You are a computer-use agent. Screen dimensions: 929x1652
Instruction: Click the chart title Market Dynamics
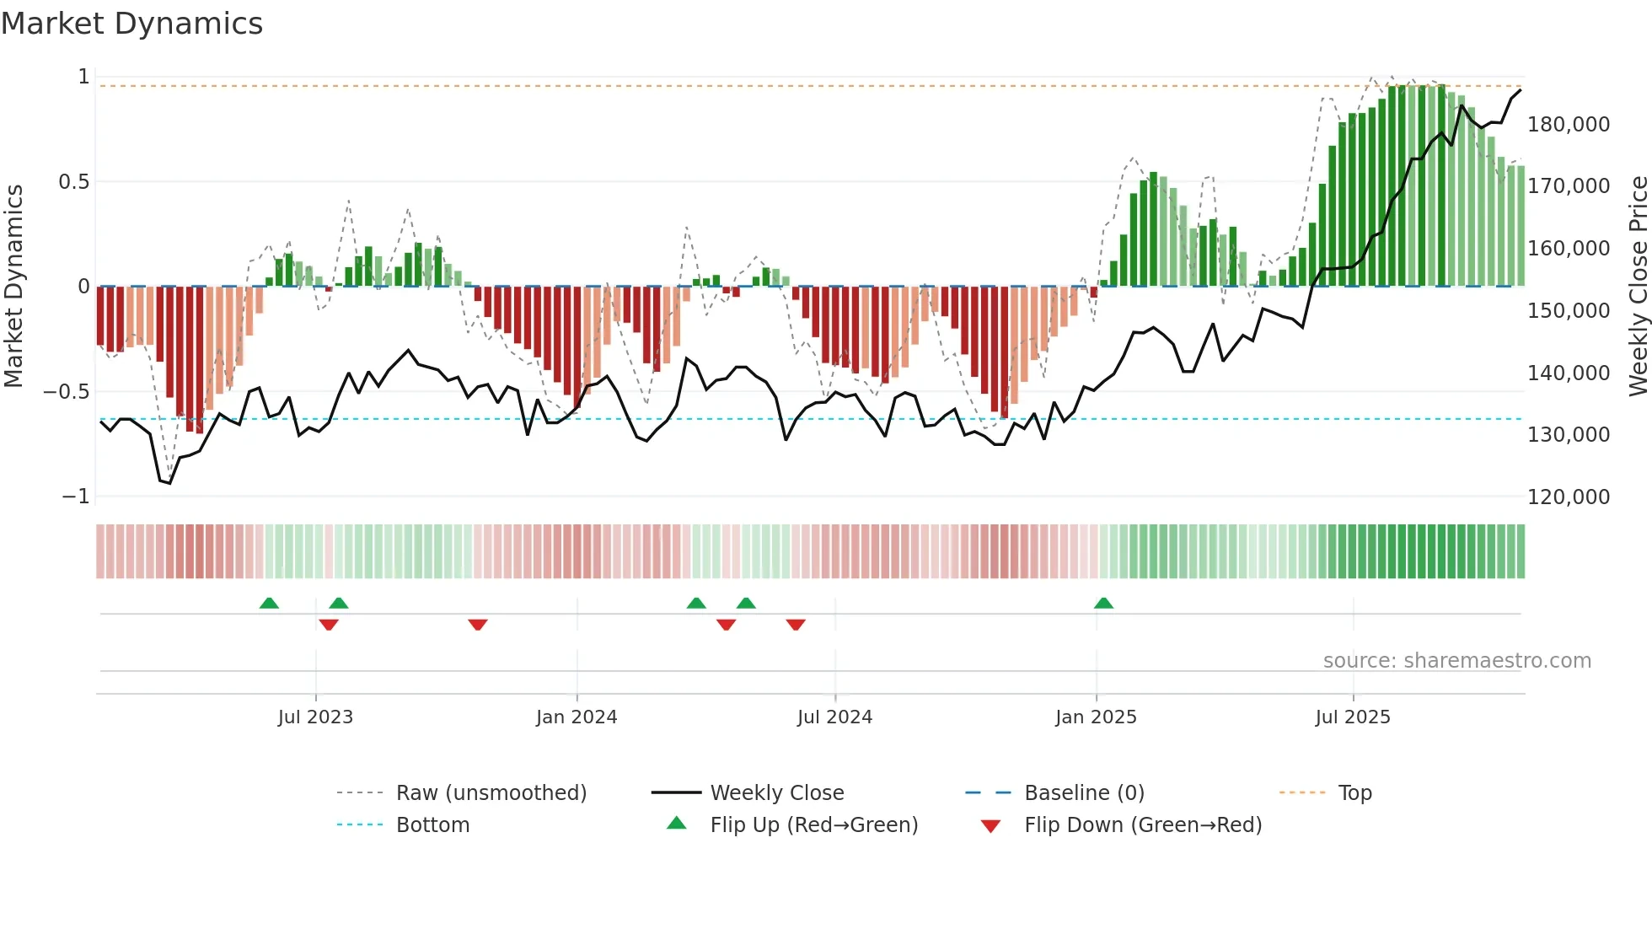(x=131, y=24)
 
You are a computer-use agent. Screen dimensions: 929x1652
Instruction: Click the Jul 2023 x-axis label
(x=315, y=717)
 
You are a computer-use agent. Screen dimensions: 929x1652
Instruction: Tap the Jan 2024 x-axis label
(x=577, y=717)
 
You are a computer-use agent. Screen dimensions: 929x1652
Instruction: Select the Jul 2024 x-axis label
(x=834, y=717)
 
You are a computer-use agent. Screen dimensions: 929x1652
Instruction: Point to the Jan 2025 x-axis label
(x=1096, y=717)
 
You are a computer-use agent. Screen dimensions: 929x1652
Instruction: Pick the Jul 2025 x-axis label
(x=1353, y=717)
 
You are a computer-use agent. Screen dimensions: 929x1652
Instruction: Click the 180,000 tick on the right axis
(x=1569, y=125)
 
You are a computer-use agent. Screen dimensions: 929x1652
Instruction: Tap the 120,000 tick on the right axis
(x=1569, y=497)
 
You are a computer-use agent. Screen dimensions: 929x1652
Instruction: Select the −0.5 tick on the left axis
(x=66, y=392)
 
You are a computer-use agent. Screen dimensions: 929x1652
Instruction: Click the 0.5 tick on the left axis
(x=73, y=182)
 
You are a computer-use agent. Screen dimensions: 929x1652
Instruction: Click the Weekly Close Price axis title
(x=1638, y=287)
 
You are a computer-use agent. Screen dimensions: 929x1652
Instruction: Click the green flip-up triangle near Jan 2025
(x=1103, y=603)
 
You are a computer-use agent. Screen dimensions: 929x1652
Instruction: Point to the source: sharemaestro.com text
(x=1456, y=661)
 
